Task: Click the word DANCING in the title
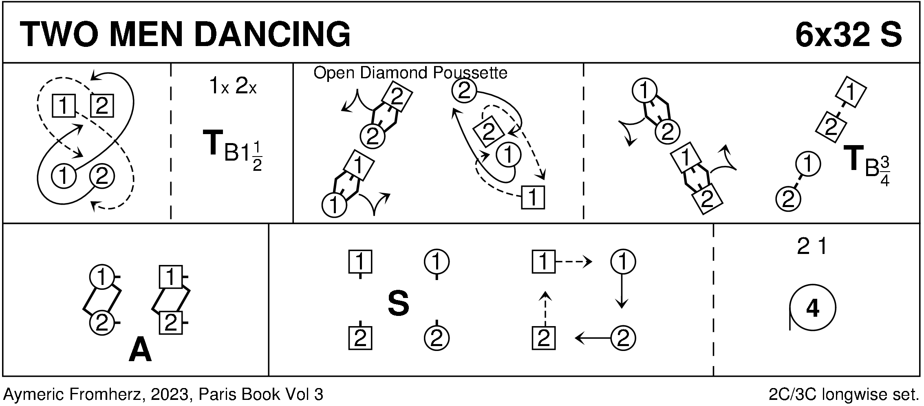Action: tap(273, 35)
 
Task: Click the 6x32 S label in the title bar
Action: tap(848, 35)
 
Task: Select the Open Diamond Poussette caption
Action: tap(410, 73)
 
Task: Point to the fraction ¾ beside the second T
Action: tap(884, 172)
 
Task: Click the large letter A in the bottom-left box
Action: tap(140, 351)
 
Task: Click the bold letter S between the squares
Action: tap(398, 304)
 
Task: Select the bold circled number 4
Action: tap(812, 308)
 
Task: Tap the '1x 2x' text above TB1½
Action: tap(232, 87)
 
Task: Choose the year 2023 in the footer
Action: tap(170, 395)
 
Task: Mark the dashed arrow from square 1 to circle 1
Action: tap(574, 262)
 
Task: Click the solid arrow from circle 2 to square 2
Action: tap(593, 338)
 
